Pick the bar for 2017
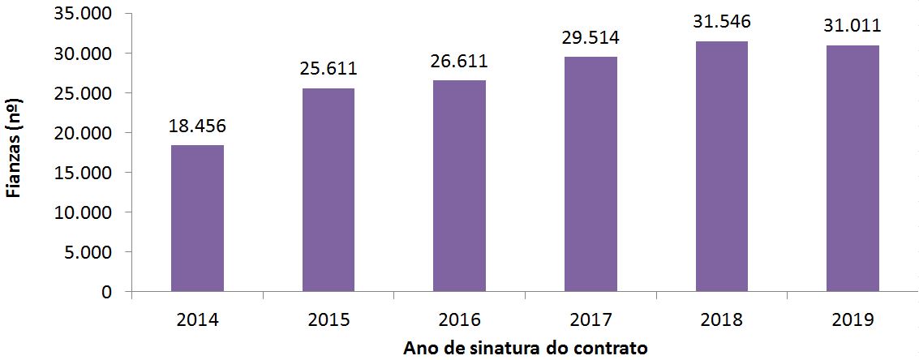click(590, 174)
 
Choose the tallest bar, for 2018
click(721, 165)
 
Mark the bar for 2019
click(852, 168)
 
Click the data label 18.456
click(197, 126)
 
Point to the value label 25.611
click(329, 69)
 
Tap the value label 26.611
click(459, 62)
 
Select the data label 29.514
click(590, 38)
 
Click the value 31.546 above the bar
click(721, 22)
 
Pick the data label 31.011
click(852, 26)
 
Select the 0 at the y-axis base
click(106, 291)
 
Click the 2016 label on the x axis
click(459, 319)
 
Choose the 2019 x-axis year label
click(852, 319)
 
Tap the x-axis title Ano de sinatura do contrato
click(525, 349)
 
